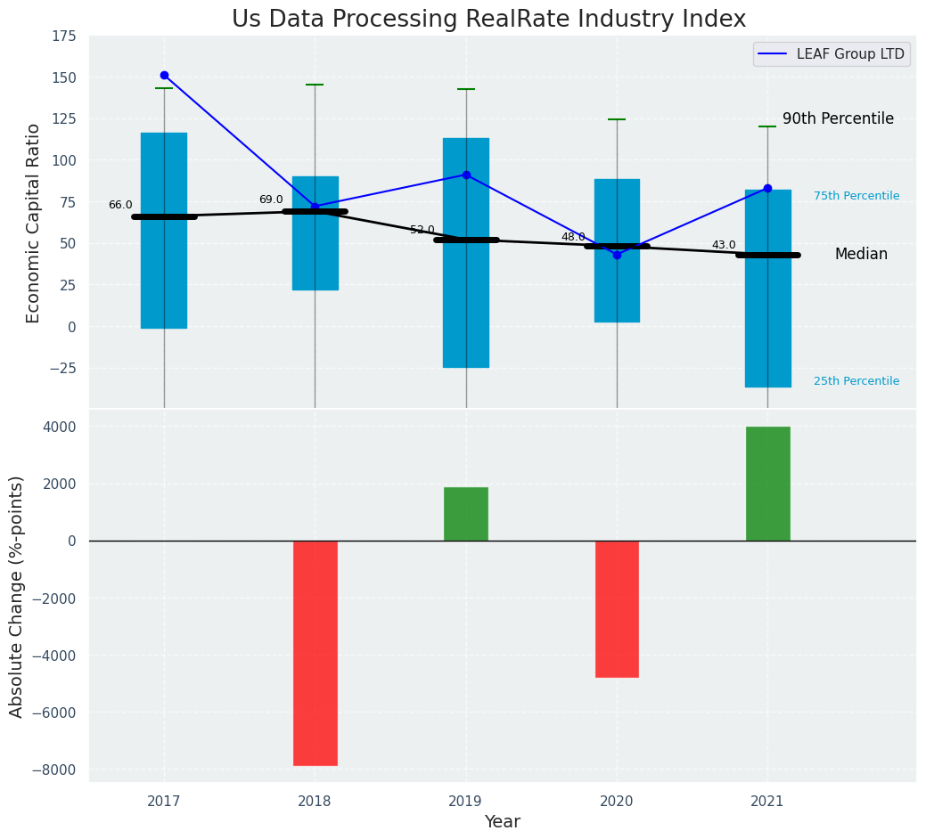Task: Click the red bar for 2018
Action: [x=315, y=652]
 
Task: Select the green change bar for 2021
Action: [x=767, y=484]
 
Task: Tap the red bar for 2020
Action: [x=617, y=608]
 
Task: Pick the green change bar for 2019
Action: [x=466, y=514]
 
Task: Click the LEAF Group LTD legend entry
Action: [x=831, y=54]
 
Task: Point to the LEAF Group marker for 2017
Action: [x=164, y=76]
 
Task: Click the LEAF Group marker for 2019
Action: [x=466, y=175]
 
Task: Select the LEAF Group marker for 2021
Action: [x=767, y=188]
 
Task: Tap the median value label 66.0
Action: [x=120, y=205]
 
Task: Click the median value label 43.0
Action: [x=724, y=245]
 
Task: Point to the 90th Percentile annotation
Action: [x=838, y=119]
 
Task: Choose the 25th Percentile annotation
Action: [x=856, y=381]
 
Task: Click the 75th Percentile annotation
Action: [x=856, y=196]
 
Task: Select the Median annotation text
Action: [x=861, y=255]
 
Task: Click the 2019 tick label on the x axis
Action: [x=466, y=802]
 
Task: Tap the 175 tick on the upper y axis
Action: [x=63, y=37]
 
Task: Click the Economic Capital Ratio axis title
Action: [x=34, y=223]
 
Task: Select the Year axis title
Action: [x=503, y=822]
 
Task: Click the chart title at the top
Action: [x=488, y=19]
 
